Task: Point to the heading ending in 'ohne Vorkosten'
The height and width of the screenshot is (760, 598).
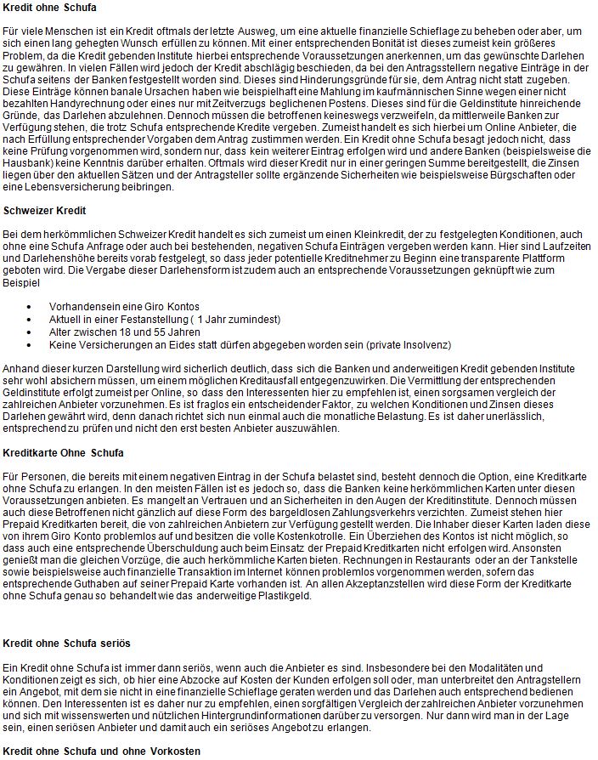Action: point(101,751)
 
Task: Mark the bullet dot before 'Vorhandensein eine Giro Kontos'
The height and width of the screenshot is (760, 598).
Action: point(31,306)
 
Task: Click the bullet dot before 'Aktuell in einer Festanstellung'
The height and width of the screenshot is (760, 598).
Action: point(31,319)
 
